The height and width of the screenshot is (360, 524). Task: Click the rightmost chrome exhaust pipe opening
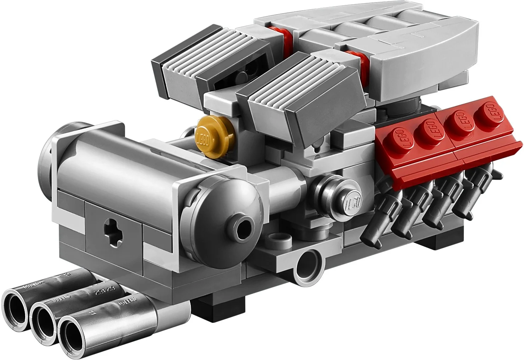click(73, 332)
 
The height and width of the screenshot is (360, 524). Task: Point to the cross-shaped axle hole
click(113, 230)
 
